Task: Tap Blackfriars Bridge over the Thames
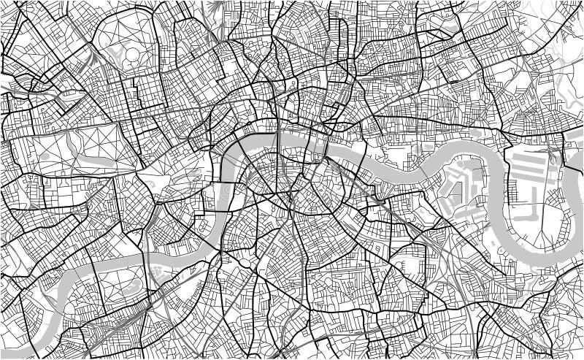pyautogui.click(x=277, y=134)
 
